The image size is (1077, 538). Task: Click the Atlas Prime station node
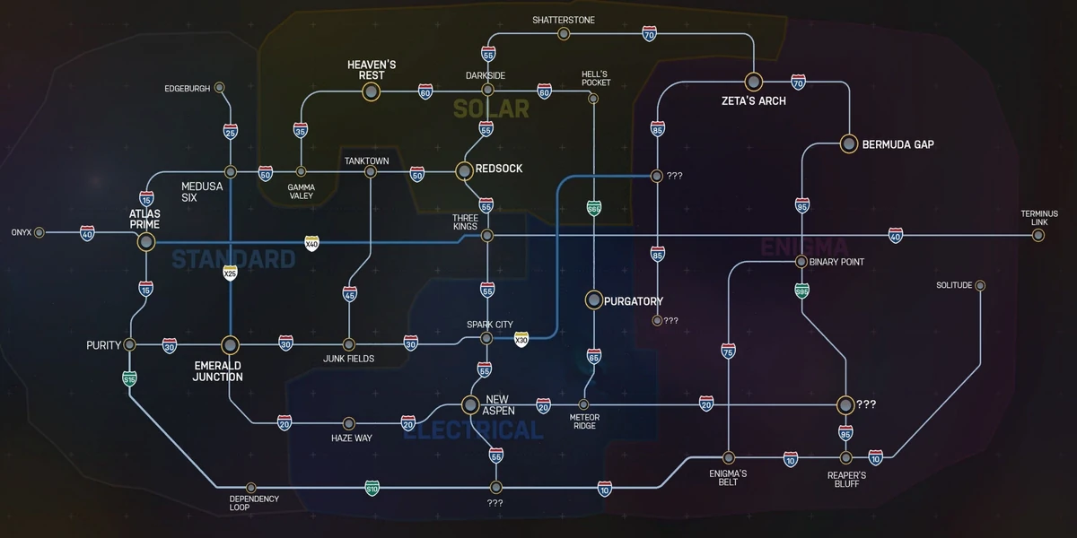click(145, 242)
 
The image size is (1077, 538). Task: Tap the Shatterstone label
click(563, 20)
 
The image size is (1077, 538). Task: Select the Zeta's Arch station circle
click(753, 82)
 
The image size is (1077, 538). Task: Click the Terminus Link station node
click(1038, 236)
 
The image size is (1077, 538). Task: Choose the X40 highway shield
click(311, 242)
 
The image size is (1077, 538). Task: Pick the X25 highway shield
click(230, 273)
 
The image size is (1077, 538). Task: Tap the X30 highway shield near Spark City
click(521, 339)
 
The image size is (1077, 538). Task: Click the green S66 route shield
click(593, 209)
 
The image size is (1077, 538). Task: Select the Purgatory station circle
click(593, 300)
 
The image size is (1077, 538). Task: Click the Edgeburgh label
click(187, 89)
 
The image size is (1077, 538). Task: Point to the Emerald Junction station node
click(230, 344)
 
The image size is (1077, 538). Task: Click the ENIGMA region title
click(804, 247)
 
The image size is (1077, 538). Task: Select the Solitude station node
click(980, 285)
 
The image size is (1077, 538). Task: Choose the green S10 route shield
click(372, 489)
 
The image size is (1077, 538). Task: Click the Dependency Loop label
click(254, 503)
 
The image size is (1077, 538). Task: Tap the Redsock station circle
click(464, 169)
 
